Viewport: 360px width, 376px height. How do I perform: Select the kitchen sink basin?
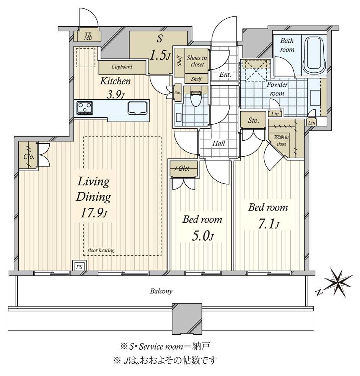[x=137, y=108]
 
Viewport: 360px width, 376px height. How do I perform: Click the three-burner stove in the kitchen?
[x=85, y=108]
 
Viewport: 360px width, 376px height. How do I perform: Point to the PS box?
[x=79, y=266]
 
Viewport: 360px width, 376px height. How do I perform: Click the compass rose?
[x=338, y=282]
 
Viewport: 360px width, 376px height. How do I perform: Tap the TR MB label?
[x=88, y=36]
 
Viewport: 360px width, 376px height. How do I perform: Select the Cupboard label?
[x=122, y=66]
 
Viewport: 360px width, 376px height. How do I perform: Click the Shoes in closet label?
[x=197, y=61]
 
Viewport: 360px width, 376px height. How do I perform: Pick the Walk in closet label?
[x=282, y=141]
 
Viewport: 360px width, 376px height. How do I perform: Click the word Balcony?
[x=161, y=291]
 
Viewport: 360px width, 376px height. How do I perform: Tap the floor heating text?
[x=101, y=250]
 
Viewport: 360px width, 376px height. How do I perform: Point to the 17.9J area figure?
[x=94, y=213]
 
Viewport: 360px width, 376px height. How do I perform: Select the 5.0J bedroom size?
[x=203, y=237]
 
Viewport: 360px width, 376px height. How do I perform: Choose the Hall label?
[x=219, y=143]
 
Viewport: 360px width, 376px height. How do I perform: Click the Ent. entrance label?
[x=225, y=75]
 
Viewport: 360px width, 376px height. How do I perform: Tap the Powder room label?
[x=277, y=89]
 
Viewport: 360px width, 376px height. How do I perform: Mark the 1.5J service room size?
[x=160, y=55]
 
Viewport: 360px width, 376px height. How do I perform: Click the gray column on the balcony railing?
[x=187, y=319]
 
